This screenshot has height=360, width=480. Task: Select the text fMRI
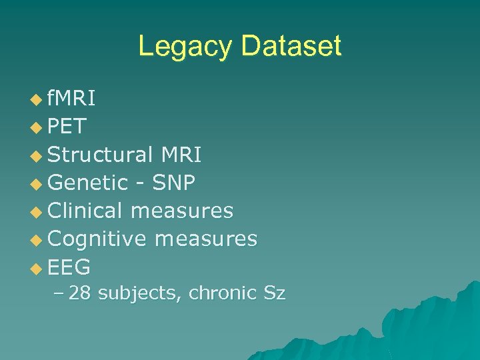71,99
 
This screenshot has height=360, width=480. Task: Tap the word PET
67,127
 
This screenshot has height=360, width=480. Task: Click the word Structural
101,155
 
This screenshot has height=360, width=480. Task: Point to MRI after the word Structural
181,155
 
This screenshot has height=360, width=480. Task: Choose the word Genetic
88,183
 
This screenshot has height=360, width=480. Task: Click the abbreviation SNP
174,183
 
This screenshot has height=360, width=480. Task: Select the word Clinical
85,211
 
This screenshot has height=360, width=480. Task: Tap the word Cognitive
97,239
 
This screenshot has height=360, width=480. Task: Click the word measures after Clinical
182,211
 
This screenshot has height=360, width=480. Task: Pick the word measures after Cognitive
206,239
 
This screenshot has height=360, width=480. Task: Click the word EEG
69,267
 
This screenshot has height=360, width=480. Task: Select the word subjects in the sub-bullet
140,293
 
